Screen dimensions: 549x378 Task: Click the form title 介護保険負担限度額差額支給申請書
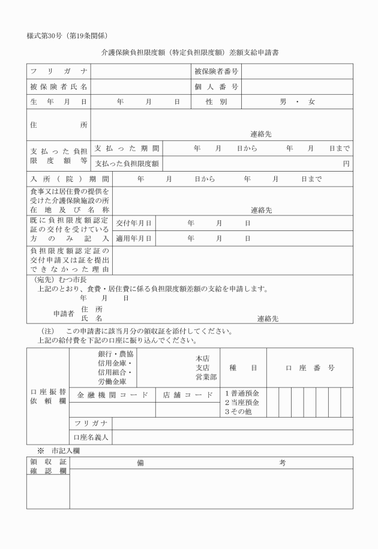190,53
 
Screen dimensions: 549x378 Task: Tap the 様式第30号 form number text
46,35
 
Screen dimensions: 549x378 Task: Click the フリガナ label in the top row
58,72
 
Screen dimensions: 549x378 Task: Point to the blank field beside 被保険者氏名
139,87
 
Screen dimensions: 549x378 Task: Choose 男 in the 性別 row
283,102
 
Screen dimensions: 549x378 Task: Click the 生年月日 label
58,102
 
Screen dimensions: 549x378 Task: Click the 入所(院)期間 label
70,179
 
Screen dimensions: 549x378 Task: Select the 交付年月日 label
133,223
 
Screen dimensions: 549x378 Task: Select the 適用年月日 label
133,238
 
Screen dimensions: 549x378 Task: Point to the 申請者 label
63,313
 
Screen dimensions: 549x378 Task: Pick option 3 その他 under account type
239,412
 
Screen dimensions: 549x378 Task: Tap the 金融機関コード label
112,395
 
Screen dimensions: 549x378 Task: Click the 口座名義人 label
91,437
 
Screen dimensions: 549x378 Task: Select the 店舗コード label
187,395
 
